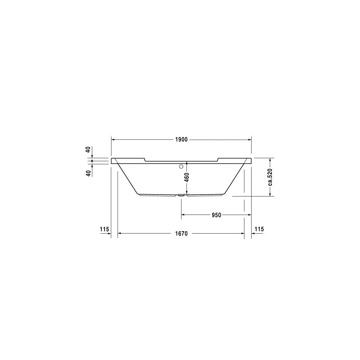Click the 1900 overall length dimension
click(182, 139)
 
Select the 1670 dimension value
click(182, 234)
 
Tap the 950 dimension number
click(216, 215)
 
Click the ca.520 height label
click(270, 177)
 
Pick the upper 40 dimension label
click(88, 150)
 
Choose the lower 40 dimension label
click(88, 173)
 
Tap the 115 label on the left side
click(104, 229)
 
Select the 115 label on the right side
click(259, 229)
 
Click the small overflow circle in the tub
click(182, 167)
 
